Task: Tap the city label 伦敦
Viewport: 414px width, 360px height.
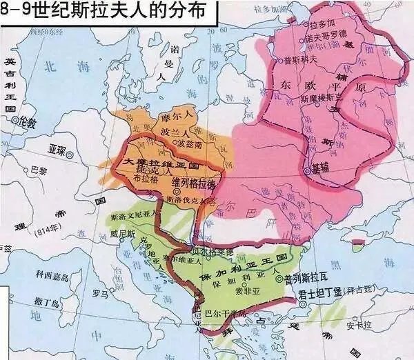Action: (x=27, y=122)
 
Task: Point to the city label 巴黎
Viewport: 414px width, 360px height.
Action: (x=41, y=169)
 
